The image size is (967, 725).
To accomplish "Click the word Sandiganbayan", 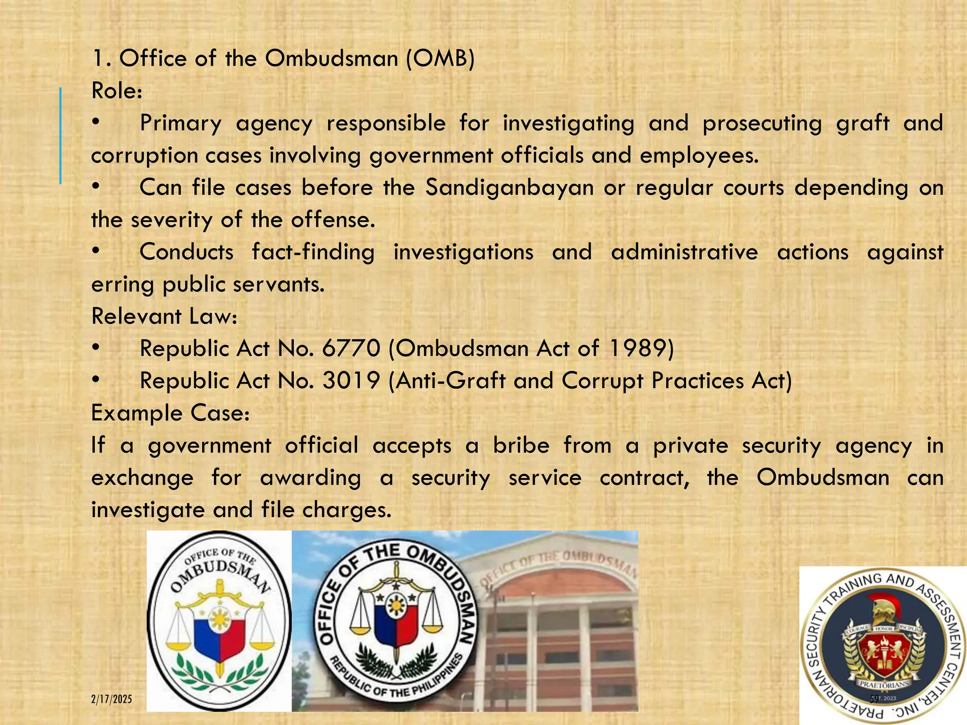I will point(509,188).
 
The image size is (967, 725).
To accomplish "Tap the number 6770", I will point(351,349).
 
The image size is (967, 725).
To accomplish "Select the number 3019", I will point(351,381).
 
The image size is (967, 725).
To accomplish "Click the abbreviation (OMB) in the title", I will point(440,59).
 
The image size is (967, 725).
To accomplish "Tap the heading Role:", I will point(117,91).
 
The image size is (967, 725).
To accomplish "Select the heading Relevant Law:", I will point(164,316).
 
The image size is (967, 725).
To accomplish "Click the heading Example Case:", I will point(170,413).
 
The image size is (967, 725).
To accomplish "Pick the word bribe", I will point(521,446).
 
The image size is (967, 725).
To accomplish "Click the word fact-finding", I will point(313,252).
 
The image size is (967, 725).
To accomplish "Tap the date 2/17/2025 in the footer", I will point(111,699).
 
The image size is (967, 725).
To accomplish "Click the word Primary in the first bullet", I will point(180,123).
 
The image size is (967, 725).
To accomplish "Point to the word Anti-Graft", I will point(450,381).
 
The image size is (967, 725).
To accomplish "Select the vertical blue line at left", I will point(60,135).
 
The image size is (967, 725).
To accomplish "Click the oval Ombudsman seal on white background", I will point(219,621).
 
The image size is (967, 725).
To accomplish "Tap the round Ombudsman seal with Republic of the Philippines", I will point(396,621).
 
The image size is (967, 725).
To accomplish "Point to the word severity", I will point(171,220).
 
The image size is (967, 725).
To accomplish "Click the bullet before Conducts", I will point(96,252).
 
